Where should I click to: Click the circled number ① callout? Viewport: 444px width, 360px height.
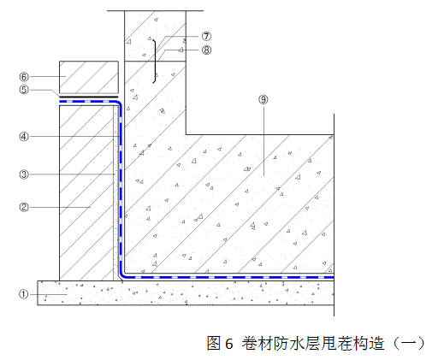point(24,294)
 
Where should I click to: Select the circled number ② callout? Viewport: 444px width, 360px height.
point(24,207)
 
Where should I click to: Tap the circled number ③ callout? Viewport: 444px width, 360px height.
point(24,174)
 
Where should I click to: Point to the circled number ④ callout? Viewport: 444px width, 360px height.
point(24,137)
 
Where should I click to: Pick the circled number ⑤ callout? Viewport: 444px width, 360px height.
point(24,90)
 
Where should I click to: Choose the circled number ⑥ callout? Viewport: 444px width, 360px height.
point(24,76)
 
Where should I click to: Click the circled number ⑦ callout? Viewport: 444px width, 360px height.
point(206,36)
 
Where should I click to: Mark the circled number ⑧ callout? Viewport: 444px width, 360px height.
point(206,50)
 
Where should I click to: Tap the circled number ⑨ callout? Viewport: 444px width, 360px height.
point(263,99)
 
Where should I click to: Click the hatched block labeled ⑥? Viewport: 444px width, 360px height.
point(89,77)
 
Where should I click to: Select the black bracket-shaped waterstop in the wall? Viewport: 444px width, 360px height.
point(155,62)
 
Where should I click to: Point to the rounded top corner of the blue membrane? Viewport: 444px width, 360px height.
point(119,103)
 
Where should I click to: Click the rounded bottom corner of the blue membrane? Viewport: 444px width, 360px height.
point(121,275)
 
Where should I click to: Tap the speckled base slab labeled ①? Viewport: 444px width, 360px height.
point(186,292)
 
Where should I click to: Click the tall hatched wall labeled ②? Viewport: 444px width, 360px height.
point(86,193)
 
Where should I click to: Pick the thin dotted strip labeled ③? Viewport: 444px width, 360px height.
point(115,193)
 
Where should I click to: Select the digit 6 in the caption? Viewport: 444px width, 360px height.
point(228,344)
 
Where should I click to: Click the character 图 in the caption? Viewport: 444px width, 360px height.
point(214,343)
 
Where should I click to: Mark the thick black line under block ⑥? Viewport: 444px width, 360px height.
point(88,97)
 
